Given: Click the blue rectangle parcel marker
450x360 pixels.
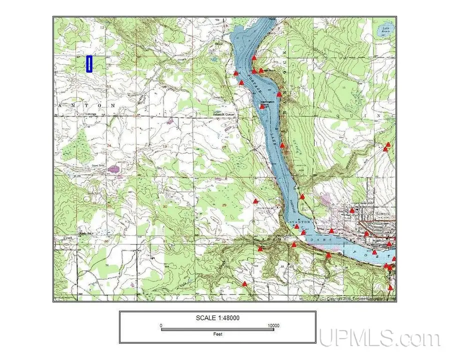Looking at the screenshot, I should pos(89,64).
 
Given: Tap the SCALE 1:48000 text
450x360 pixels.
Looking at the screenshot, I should pos(217,318).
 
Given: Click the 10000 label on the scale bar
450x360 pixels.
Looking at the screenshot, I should pos(272,325).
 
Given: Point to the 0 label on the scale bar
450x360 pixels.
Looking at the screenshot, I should pos(161,325).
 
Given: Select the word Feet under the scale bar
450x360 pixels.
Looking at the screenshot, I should pos(217,334).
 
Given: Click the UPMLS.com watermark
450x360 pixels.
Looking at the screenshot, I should pos(380,338).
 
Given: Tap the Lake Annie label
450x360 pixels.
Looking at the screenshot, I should pos(385,30).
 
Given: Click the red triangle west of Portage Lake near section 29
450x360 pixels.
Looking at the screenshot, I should pos(255,201).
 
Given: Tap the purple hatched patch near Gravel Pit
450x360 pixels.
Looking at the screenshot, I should pos(115,169).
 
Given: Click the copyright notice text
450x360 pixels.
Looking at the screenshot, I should pos(357,299).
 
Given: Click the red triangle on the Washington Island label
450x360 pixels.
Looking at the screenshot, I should pos(261,106).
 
